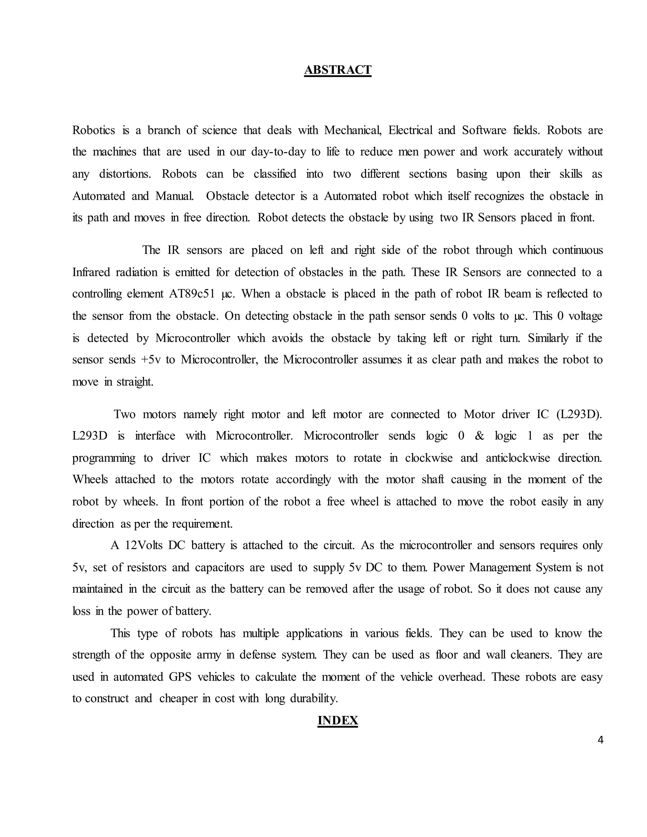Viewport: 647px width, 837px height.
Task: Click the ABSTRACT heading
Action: pyautogui.click(x=337, y=70)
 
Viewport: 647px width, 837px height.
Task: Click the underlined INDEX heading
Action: pyautogui.click(x=337, y=720)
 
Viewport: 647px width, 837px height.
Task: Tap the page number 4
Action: pyautogui.click(x=600, y=740)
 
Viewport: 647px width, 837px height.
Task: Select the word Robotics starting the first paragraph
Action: pyautogui.click(x=94, y=130)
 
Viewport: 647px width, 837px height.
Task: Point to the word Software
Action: pyautogui.click(x=484, y=130)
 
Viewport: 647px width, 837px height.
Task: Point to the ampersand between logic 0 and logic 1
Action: pyautogui.click(x=479, y=436)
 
